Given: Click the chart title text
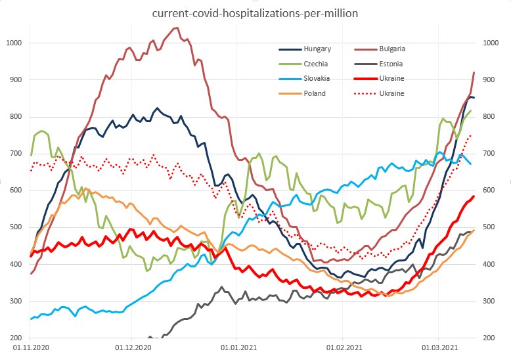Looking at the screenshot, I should [x=255, y=12].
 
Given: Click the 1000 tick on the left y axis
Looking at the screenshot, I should [x=13, y=43].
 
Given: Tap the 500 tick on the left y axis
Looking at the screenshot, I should [x=15, y=227].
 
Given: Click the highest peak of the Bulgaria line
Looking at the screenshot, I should [x=176, y=28].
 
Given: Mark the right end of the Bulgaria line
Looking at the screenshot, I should [x=474, y=72].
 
